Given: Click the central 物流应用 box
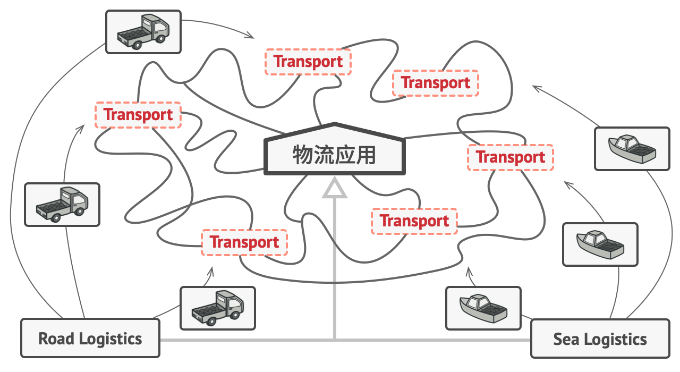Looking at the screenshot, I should [335, 154].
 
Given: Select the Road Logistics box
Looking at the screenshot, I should [90, 338].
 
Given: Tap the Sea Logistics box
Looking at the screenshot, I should [600, 339].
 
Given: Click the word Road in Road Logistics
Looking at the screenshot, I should [55, 339].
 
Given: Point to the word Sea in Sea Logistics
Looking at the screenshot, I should [565, 339].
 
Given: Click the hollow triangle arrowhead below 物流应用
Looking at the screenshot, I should [335, 190].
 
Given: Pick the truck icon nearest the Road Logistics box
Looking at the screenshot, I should [217, 308].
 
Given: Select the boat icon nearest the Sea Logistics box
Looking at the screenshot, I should [483, 308].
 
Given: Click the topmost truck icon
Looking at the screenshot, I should [143, 32].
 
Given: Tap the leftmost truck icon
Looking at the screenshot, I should [62, 205].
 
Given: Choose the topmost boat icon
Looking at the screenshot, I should [632, 149].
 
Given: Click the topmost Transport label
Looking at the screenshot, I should [308, 62].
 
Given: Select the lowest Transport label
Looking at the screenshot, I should [244, 242].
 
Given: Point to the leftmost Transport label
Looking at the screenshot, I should [138, 115].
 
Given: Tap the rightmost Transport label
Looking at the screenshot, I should [510, 157].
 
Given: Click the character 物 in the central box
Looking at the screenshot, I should [303, 155].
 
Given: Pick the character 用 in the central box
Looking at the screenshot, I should [366, 155].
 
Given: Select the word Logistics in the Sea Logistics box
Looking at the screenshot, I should [615, 339].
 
